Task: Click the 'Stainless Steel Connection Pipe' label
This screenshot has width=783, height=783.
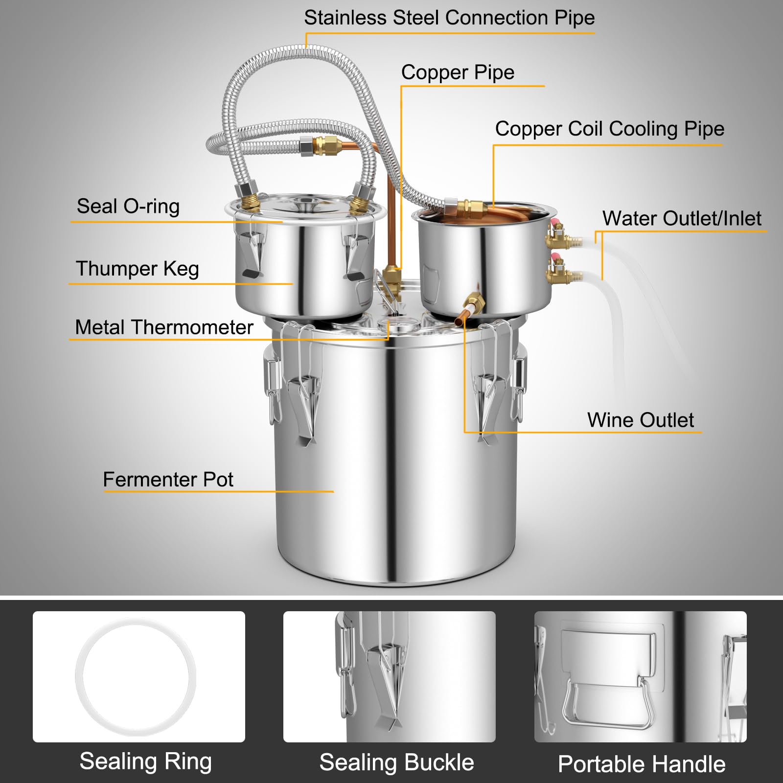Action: click(449, 18)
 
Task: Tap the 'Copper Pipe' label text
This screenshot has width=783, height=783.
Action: click(458, 72)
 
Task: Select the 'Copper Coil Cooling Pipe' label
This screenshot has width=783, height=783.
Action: click(609, 129)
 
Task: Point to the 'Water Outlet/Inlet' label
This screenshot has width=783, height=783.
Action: click(681, 218)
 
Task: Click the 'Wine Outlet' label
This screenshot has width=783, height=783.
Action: click(640, 420)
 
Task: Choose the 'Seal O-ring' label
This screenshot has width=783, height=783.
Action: click(128, 206)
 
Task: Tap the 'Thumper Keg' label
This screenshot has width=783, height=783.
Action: click(137, 269)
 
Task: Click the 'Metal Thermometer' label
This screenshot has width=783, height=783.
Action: click(164, 327)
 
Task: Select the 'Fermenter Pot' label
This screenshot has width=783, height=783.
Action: click(168, 479)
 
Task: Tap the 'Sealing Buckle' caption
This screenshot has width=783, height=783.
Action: click(396, 762)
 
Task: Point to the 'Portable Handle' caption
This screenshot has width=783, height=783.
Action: click(641, 764)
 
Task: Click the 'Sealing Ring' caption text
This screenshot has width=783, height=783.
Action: click(145, 761)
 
